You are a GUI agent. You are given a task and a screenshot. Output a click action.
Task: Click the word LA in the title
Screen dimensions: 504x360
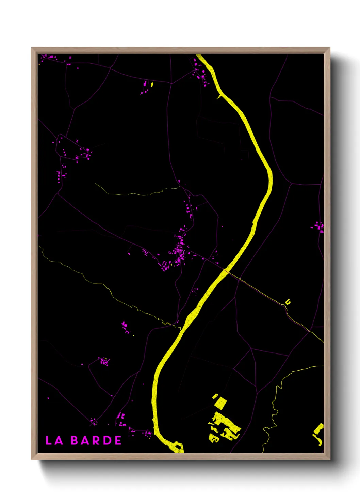54,440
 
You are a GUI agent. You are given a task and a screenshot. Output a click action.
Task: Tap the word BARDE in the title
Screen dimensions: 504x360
96,440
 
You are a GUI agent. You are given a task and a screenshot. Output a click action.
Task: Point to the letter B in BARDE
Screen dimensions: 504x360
75,440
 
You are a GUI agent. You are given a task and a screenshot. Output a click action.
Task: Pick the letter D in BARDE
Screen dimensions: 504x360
107,440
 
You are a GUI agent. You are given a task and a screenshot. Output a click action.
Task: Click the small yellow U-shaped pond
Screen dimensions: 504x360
288,302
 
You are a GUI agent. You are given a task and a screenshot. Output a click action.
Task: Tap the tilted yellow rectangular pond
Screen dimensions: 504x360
220,403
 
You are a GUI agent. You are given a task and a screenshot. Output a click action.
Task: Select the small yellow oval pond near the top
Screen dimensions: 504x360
152,84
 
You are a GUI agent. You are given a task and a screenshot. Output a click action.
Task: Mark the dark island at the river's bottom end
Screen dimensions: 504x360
178,446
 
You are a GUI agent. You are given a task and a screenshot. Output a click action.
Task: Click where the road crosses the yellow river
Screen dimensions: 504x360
225,271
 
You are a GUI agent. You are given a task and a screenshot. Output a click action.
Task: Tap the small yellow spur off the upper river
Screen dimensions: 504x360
218,97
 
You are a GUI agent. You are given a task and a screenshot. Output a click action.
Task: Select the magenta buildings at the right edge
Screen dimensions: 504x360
319,226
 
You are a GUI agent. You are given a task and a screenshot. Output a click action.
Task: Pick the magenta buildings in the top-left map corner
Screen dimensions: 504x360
49,57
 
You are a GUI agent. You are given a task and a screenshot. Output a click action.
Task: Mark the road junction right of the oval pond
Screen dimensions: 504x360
171,83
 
